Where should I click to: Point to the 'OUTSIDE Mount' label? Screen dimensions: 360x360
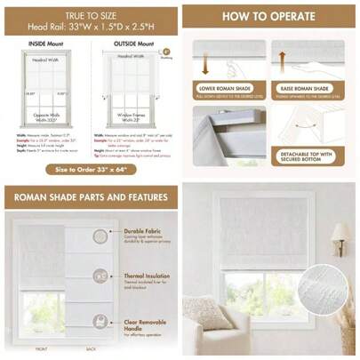[132, 43]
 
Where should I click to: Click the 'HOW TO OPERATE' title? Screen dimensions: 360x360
[268, 17]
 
